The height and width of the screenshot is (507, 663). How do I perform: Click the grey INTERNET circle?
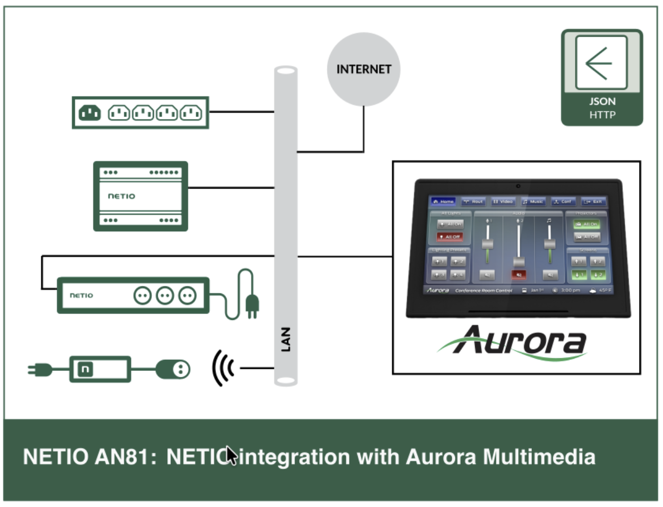[363, 69]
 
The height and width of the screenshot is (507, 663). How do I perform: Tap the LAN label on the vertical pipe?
[286, 339]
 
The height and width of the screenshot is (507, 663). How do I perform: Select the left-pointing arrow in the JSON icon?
[599, 63]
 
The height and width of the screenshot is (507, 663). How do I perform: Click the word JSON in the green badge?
[602, 102]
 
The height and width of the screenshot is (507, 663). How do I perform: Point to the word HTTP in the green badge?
[602, 115]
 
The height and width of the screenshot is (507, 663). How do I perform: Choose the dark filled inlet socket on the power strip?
[90, 113]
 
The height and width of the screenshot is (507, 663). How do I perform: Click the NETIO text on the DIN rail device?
[122, 196]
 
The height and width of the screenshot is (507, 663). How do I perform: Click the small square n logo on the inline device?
[85, 369]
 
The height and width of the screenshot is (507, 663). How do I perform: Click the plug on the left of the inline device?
[40, 369]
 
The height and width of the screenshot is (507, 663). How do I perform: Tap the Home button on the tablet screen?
[443, 201]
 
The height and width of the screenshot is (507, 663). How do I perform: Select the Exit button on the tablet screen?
[593, 201]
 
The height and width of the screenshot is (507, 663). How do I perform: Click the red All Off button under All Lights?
[450, 236]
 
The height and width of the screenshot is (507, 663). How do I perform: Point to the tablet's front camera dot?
[518, 186]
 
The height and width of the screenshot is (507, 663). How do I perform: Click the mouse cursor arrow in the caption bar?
[230, 455]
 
